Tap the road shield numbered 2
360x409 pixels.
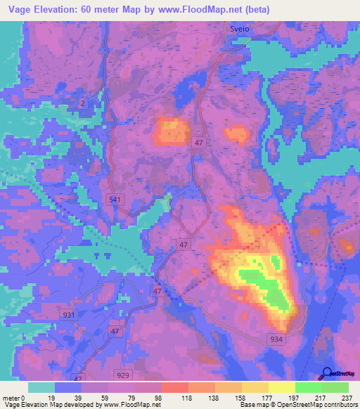[x=83, y=103]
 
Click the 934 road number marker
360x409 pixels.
[x=277, y=338]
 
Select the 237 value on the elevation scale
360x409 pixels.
[x=347, y=398]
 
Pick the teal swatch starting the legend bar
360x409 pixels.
[x=41, y=387]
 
